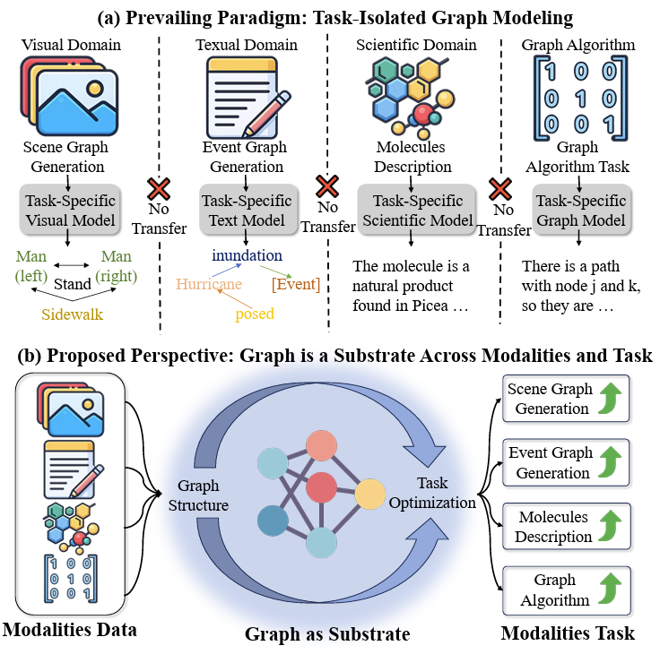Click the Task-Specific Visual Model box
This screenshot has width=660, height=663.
69,209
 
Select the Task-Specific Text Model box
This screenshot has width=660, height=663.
247,209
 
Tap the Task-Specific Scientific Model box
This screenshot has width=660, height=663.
411,209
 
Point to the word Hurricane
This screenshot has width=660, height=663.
208,284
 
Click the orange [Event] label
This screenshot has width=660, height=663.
295,284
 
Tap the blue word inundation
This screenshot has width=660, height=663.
247,255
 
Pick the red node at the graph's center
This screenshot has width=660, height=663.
321,489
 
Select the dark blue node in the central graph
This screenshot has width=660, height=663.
274,521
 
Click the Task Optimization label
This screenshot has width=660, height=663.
432,493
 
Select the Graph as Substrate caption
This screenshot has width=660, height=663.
327,634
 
